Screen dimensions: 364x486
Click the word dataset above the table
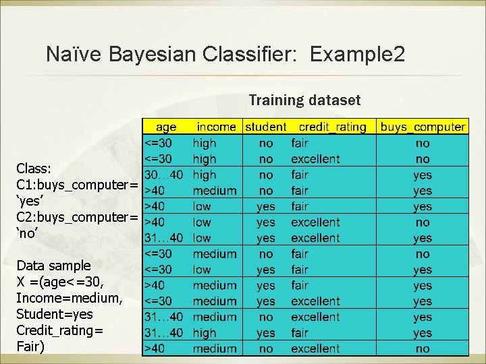[335, 100]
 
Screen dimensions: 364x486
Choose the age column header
[166, 127]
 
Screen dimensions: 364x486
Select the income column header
[216, 127]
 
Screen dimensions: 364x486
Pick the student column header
[265, 127]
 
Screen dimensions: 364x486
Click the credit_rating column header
[332, 127]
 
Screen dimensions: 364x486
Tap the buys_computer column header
[423, 127]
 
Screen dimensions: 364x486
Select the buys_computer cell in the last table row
[423, 348]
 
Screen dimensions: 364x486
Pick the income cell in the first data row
[205, 143]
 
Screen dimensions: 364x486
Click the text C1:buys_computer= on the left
[77, 184]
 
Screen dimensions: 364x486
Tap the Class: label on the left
[34, 168]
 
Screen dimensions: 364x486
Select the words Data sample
[53, 265]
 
